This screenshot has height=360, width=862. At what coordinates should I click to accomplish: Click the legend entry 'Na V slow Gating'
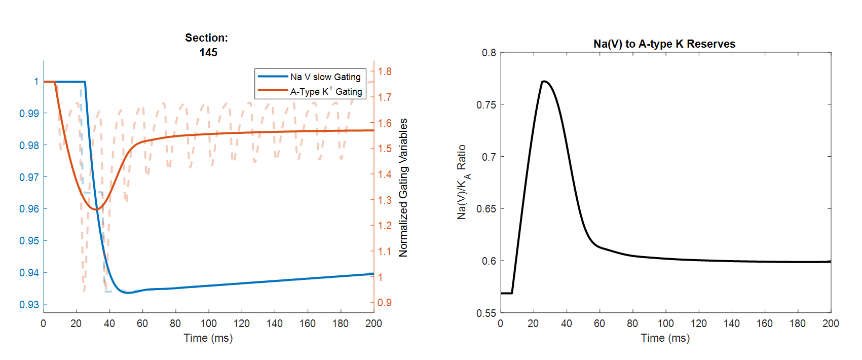click(325, 77)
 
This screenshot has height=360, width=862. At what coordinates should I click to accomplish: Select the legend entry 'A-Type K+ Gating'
click(326, 92)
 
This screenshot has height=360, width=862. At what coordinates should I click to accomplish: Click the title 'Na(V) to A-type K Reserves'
click(664, 44)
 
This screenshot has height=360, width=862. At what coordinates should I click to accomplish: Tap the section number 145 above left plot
click(208, 52)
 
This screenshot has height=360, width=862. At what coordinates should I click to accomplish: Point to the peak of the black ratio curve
click(543, 81)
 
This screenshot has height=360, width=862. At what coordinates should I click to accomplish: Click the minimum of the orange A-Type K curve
click(95, 209)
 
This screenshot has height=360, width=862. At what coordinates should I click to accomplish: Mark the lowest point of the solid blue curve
click(127, 293)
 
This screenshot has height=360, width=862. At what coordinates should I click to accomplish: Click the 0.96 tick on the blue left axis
click(29, 209)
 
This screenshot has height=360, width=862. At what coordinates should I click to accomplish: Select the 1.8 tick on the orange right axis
click(385, 71)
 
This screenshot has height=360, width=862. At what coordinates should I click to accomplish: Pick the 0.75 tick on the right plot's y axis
click(486, 105)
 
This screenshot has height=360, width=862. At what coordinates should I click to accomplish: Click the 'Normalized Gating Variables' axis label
click(403, 188)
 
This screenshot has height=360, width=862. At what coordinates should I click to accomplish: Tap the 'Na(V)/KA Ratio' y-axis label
click(462, 182)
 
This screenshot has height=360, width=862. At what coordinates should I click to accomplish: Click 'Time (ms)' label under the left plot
click(208, 338)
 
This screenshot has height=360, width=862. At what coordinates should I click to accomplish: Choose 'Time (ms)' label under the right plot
click(665, 338)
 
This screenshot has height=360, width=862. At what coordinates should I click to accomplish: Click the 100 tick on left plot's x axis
click(208, 323)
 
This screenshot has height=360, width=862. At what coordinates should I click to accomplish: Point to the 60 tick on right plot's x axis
click(599, 323)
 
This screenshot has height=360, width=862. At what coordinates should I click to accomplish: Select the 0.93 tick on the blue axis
click(29, 305)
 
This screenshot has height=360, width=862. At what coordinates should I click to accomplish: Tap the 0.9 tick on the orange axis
click(385, 303)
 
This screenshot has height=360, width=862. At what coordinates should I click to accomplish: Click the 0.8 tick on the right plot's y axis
click(489, 53)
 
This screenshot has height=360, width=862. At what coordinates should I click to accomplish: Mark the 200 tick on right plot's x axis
click(831, 323)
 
